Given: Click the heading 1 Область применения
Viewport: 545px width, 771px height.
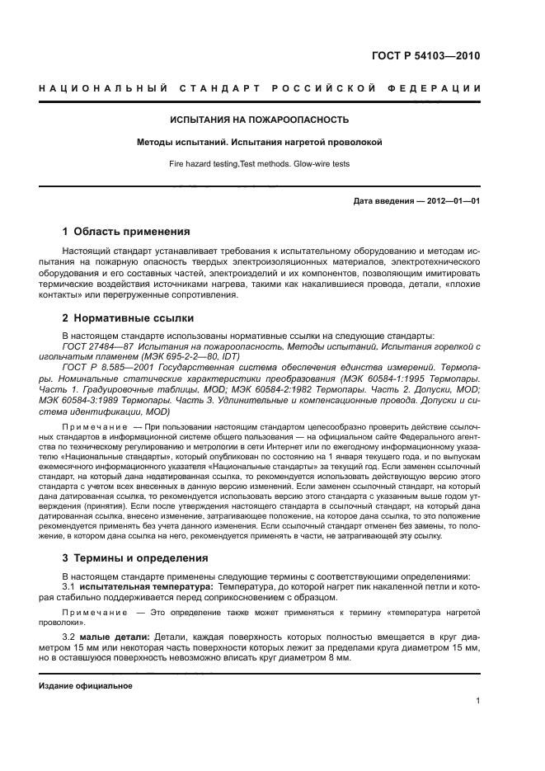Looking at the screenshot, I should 126,231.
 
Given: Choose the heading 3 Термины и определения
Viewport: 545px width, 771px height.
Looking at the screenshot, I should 135,558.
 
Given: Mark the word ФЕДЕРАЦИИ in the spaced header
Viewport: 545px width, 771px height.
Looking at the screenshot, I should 439,88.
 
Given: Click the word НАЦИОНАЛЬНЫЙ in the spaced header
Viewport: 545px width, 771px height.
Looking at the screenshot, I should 104,88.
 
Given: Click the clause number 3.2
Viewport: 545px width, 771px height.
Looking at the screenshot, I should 69,637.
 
